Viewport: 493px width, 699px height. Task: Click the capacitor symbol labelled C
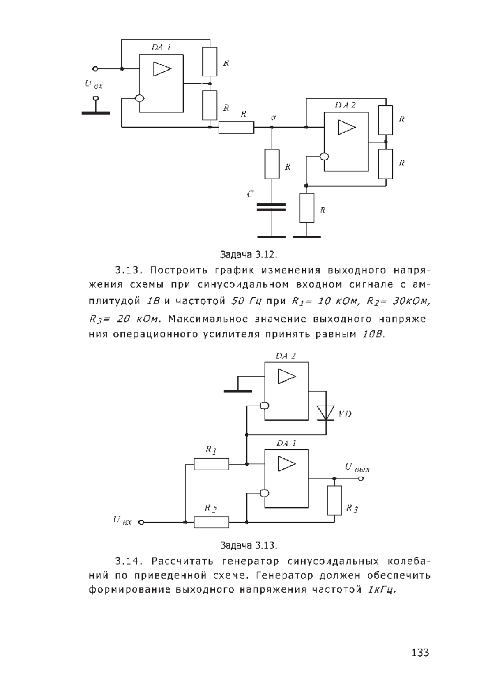(x=271, y=207)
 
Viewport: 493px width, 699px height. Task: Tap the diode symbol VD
(x=326, y=413)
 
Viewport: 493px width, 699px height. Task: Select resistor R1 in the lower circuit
(x=211, y=464)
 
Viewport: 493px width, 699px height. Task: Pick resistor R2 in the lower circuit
(x=211, y=522)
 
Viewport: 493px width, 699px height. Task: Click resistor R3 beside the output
(x=334, y=500)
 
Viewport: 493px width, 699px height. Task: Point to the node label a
(x=273, y=118)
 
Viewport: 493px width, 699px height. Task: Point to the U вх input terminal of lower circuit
(x=141, y=522)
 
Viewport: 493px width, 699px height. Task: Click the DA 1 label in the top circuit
(x=161, y=48)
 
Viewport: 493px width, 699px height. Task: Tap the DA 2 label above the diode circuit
(x=285, y=356)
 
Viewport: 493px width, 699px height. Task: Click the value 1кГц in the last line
(x=382, y=590)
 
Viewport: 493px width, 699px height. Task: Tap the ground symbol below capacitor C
(x=271, y=237)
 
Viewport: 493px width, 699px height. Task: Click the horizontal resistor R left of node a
(x=236, y=128)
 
